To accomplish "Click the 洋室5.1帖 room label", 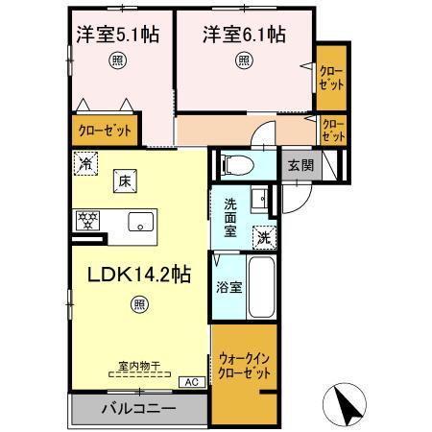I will coord(118,35).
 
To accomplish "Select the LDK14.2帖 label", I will coord(139,274).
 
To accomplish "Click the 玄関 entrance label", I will coord(300,164).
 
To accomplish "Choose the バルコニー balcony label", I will coord(138,408).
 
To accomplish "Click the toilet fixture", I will coord(239,164).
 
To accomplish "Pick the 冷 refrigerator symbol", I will coord(86,164).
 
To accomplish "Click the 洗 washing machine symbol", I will coord(264,236).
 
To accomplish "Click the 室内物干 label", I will coord(138,367).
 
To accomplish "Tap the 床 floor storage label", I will coord(124,179).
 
